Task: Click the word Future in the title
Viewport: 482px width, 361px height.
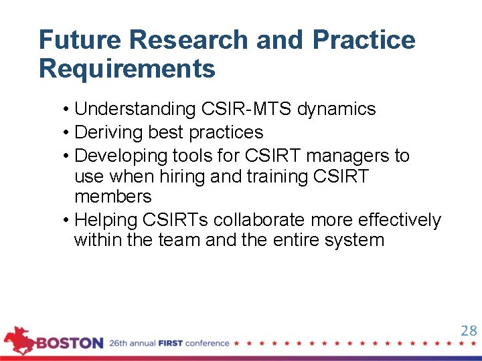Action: tap(80, 40)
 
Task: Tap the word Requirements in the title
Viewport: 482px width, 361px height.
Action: tap(127, 69)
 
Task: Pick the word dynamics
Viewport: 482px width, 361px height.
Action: tap(337, 109)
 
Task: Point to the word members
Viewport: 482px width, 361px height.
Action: tap(113, 197)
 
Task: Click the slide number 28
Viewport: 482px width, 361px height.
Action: tap(468, 331)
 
